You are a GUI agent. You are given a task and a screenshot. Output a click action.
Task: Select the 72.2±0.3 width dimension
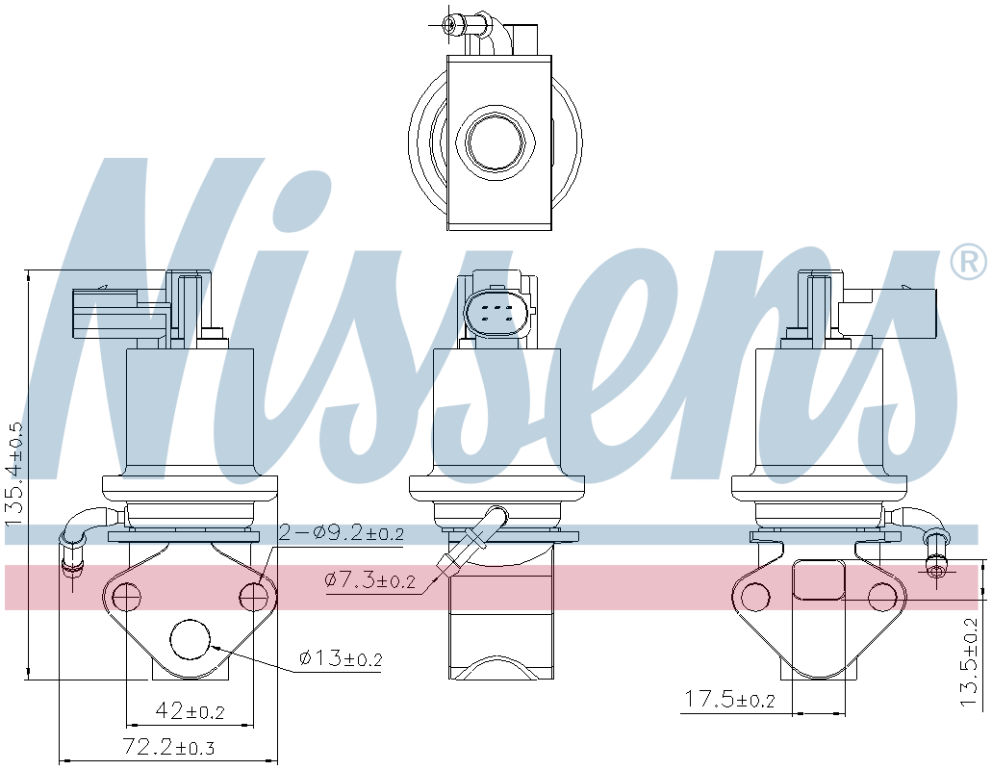tap(168, 747)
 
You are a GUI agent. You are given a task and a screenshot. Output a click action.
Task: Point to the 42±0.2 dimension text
tap(190, 710)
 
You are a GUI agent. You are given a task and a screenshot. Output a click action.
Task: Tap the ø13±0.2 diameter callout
tap(341, 658)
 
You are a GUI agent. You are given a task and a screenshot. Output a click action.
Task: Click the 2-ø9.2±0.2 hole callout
tap(341, 534)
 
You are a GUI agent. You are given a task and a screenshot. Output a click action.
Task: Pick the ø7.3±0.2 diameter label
tap(370, 579)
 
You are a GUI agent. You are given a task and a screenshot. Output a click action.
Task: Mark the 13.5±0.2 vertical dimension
tap(969, 661)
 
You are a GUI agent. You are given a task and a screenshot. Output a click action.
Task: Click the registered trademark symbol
tap(969, 261)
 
